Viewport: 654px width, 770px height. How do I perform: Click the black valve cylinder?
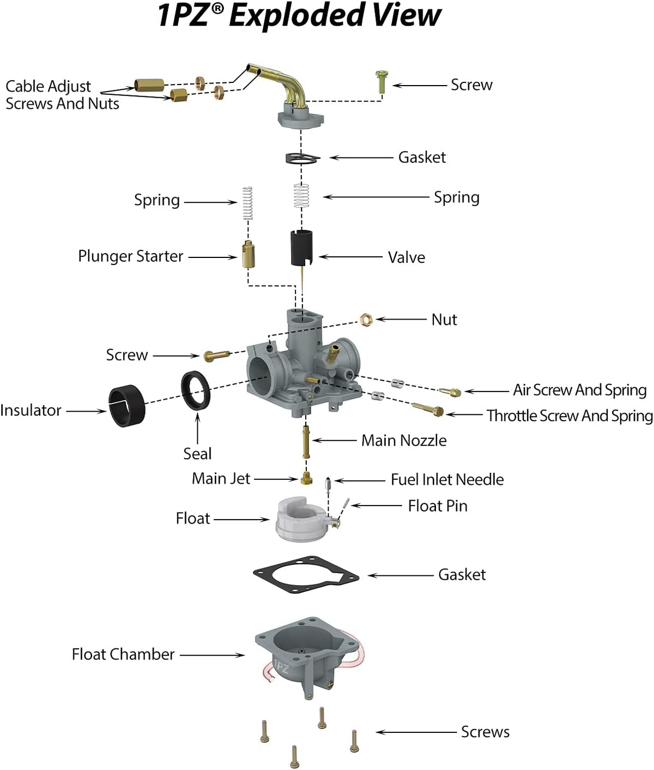coord(301,248)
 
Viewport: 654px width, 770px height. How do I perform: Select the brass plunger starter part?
coord(249,254)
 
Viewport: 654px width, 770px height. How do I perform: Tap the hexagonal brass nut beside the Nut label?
coord(366,320)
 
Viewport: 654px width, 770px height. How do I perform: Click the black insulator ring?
coord(127,406)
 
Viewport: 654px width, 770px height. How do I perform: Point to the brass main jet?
coord(306,478)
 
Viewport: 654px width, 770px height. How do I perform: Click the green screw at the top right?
coord(382,82)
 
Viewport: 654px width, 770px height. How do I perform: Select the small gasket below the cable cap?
coord(302,158)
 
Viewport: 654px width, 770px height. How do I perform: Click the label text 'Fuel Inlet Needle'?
coord(447,479)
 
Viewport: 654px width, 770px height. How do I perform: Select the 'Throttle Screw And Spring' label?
coord(570,416)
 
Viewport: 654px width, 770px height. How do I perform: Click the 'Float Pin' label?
coord(438,506)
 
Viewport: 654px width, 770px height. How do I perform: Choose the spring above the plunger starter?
coord(247,203)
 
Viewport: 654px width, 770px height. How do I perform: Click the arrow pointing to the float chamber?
coord(212,655)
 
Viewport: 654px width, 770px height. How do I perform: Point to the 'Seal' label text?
coord(197,454)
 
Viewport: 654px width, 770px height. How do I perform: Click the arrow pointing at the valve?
coord(350,257)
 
